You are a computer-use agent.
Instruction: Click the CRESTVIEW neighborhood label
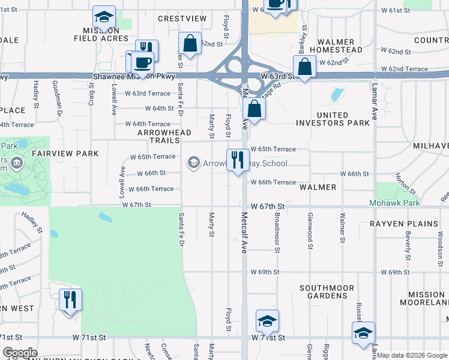point(182,19)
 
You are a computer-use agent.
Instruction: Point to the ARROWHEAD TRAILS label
point(164,136)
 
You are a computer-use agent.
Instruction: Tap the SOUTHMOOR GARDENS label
point(327,292)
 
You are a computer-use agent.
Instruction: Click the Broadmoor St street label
point(277,230)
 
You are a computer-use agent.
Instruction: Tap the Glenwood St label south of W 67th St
point(310,230)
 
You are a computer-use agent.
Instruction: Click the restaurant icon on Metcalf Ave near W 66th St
point(237,160)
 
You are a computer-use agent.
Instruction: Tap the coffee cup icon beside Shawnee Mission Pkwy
point(143,62)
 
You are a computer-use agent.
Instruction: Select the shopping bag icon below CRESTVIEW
point(190,44)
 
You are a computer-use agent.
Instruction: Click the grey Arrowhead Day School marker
point(194,163)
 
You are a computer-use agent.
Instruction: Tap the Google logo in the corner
point(20,353)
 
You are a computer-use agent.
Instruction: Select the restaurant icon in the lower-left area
point(70,299)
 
